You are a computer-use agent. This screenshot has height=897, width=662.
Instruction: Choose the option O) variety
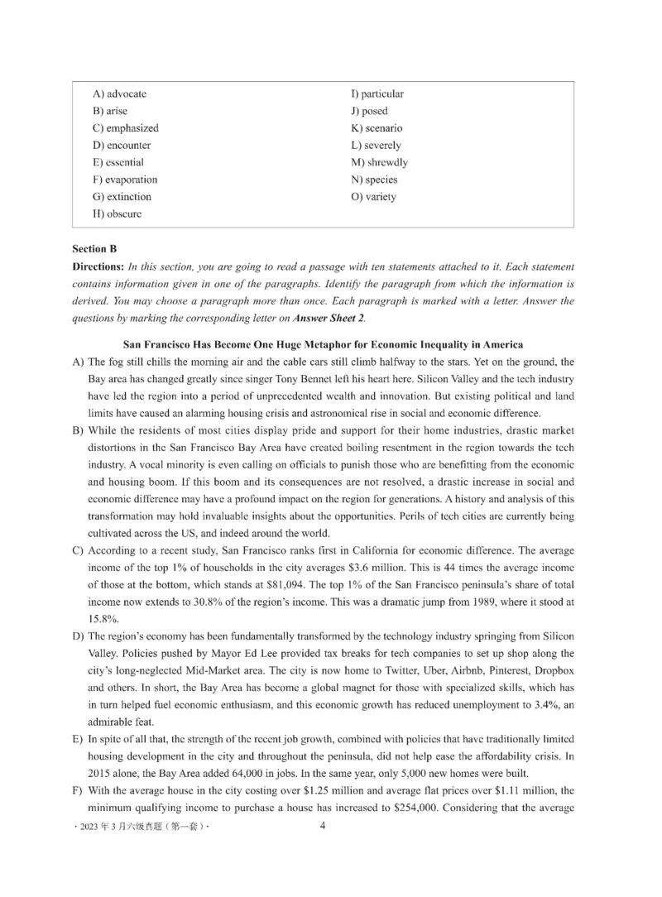coord(373,197)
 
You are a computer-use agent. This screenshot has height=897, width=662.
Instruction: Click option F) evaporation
coord(125,180)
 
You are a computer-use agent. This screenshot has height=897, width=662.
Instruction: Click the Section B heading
coord(89,248)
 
